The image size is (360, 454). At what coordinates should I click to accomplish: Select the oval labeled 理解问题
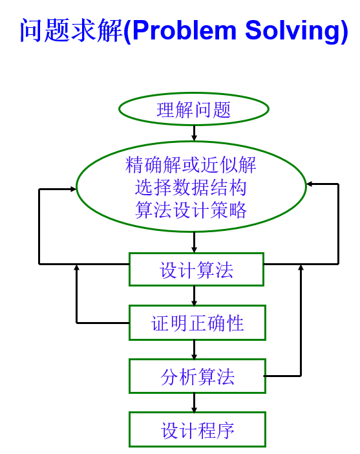(194, 109)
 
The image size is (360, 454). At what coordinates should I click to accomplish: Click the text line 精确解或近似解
(191, 165)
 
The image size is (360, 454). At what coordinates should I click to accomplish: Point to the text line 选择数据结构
(191, 188)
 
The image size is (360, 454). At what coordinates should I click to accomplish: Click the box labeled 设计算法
(196, 269)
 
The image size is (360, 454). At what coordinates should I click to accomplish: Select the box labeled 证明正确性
(197, 323)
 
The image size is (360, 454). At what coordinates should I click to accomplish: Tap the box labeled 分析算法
(197, 376)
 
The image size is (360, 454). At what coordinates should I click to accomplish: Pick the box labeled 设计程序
(197, 429)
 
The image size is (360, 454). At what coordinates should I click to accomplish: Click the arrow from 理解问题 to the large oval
(194, 133)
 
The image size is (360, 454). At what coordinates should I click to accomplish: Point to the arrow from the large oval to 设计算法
(194, 243)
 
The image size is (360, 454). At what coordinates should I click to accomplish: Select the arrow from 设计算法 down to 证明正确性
(194, 296)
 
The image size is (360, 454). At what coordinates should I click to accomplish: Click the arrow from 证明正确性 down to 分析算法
(194, 350)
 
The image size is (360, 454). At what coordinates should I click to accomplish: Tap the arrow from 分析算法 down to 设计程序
(194, 403)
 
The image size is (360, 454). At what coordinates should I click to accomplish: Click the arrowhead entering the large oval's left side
(72, 189)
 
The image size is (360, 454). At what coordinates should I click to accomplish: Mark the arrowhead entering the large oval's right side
(310, 184)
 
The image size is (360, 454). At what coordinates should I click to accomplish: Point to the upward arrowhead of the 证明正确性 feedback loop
(76, 268)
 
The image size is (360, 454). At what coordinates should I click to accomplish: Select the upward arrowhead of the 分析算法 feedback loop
(301, 268)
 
